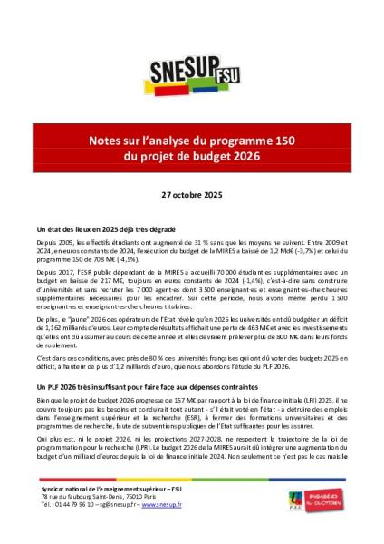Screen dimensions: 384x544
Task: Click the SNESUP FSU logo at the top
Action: (191, 72)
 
